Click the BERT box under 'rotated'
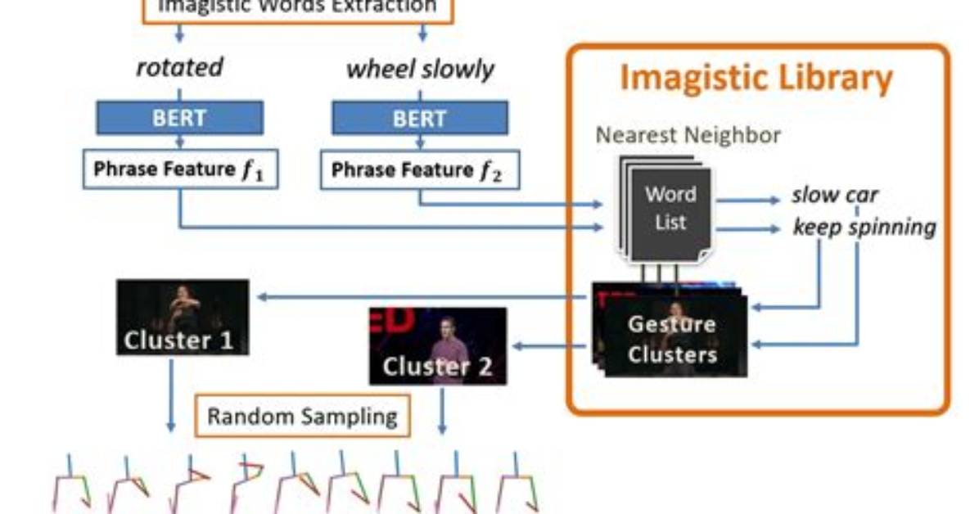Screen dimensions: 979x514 [180, 117]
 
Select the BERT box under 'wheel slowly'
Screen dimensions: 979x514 [420, 118]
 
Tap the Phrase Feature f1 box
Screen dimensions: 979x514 [180, 169]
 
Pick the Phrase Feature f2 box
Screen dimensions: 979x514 [420, 169]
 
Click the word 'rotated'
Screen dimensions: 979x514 [180, 67]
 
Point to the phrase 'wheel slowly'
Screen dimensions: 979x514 [420, 69]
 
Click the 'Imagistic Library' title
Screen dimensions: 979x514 [756, 78]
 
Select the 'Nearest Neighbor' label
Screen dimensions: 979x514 [688, 135]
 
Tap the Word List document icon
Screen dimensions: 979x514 [665, 209]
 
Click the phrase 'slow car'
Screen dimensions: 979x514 [835, 195]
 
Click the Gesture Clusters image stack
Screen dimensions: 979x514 [670, 330]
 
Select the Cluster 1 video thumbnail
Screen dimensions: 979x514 [183, 318]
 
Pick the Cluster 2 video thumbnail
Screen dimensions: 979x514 [438, 346]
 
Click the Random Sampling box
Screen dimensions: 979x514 [303, 416]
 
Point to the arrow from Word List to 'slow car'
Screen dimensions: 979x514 [748, 200]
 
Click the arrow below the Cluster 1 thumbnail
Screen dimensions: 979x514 [171, 395]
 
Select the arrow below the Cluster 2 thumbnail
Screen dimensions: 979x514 [442, 410]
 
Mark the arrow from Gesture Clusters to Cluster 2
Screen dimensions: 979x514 [550, 345]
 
